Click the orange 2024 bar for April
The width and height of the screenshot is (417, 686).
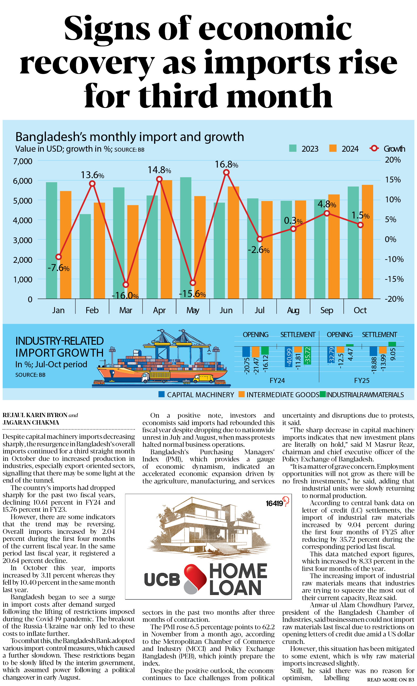(x=166, y=239)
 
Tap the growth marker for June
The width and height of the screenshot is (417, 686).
(x=226, y=173)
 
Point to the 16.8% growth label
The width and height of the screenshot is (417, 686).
(x=226, y=165)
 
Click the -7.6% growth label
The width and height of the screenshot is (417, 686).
(x=58, y=268)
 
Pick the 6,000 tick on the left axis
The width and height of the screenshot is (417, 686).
(x=23, y=181)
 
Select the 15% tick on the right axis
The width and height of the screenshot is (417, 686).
(x=393, y=180)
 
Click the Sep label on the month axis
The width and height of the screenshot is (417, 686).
(x=326, y=310)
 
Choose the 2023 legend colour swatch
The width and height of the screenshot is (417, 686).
(x=293, y=148)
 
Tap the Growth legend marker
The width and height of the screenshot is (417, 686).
(x=374, y=148)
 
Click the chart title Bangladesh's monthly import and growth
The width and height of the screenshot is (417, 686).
(x=130, y=137)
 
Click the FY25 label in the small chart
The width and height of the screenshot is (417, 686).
(x=362, y=381)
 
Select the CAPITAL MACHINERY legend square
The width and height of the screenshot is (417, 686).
(x=161, y=394)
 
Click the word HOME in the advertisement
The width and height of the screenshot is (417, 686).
(x=238, y=571)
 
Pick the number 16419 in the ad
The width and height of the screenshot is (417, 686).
(x=274, y=503)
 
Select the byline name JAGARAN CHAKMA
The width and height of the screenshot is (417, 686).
(x=31, y=422)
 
